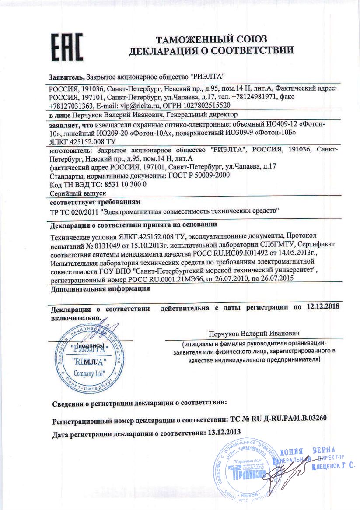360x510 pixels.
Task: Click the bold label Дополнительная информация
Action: [100, 289]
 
